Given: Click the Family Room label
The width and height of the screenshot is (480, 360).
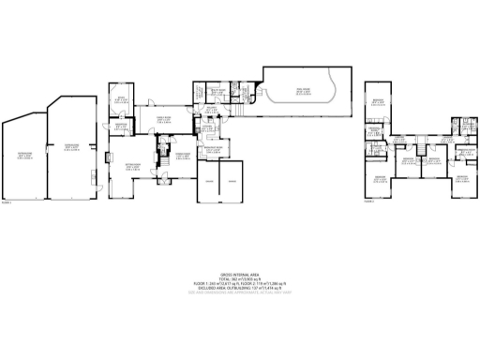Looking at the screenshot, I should point(163,119).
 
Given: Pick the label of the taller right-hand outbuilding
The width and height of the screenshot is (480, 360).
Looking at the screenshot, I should point(70,146).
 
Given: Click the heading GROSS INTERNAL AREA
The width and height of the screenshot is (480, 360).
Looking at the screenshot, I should point(239,273).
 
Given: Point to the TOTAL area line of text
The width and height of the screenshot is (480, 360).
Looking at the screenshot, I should point(239,278).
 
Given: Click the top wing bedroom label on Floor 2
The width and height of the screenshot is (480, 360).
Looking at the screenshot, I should point(378,103).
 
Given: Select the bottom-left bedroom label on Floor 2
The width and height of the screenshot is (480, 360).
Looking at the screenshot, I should point(380,178).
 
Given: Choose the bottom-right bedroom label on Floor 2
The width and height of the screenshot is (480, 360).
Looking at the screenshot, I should point(462,178).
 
